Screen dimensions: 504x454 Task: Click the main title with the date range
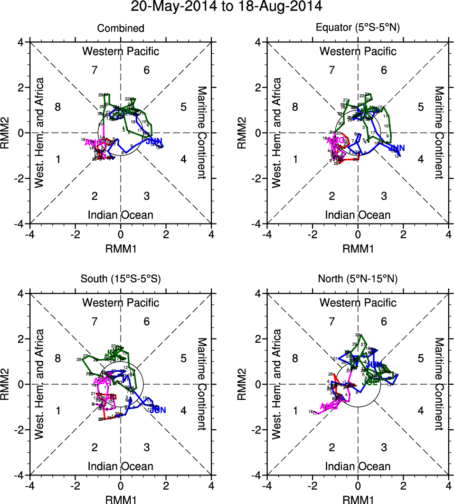pyautogui.click(x=227, y=7)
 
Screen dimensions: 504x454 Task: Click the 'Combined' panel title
pyautogui.click(x=121, y=29)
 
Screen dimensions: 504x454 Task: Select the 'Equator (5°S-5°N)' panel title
pyautogui.click(x=358, y=29)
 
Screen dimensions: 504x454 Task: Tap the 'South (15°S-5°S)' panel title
pyautogui.click(x=121, y=280)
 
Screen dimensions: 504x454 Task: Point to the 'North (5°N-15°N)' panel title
pyautogui.click(x=358, y=280)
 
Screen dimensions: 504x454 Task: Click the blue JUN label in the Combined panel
pyautogui.click(x=154, y=141)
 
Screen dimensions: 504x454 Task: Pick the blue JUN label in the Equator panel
pyautogui.click(x=396, y=148)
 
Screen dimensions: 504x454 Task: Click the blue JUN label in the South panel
pyautogui.click(x=158, y=410)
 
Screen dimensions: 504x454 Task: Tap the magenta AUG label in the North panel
pyautogui.click(x=329, y=407)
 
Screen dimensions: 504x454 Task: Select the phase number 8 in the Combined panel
pyautogui.click(x=58, y=107)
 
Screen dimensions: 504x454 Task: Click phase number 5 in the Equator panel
pyautogui.click(x=421, y=107)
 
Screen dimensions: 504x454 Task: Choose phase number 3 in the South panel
pyautogui.click(x=147, y=447)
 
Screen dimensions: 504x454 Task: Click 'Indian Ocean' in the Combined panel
pyautogui.click(x=121, y=215)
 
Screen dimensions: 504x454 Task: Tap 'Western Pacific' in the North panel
pyautogui.click(x=358, y=302)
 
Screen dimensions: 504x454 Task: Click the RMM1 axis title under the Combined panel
pyautogui.click(x=121, y=248)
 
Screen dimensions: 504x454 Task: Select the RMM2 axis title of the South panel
pyautogui.click(x=9, y=384)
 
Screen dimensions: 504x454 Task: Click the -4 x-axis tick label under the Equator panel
pyautogui.click(x=267, y=234)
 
